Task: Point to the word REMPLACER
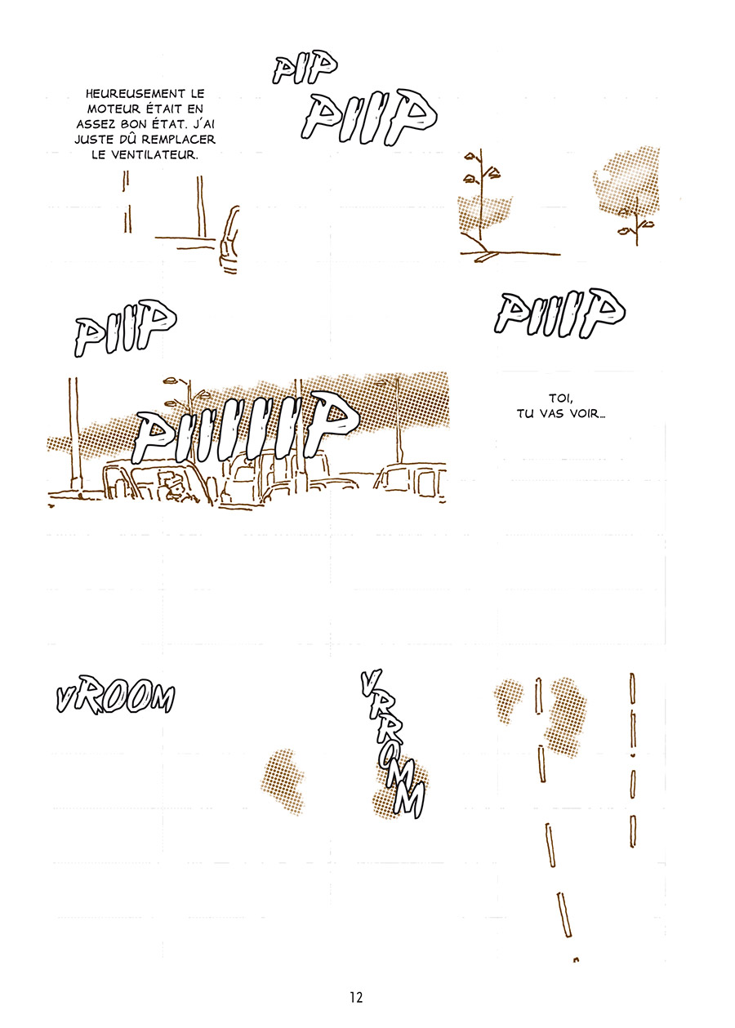[x=178, y=140]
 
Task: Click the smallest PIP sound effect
[x=305, y=70]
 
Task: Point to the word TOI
[x=557, y=398]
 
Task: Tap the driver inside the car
[x=171, y=487]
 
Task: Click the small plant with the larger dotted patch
[x=636, y=226]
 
